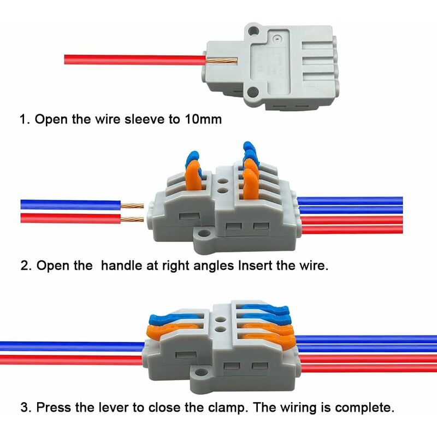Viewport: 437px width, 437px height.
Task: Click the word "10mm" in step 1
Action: pyautogui.click(x=203, y=119)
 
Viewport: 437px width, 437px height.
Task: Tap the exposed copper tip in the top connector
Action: pyautogui.click(x=222, y=61)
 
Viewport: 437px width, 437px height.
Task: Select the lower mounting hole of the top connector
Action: pyautogui.click(x=253, y=91)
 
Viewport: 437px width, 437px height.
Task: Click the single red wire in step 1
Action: pyautogui.click(x=135, y=60)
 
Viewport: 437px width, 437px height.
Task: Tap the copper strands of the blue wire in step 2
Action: pyautogui.click(x=132, y=206)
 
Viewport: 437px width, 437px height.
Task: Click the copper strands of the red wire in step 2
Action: pyautogui.click(x=132, y=219)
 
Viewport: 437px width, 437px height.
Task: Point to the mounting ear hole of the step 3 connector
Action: pyautogui.click(x=200, y=373)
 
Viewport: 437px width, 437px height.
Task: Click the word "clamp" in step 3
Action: pyautogui.click(x=228, y=408)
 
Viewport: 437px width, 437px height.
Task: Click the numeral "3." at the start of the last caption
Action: pyautogui.click(x=26, y=407)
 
